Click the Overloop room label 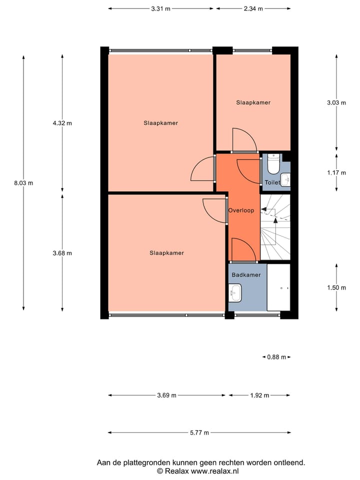click(x=241, y=210)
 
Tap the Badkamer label click(x=245, y=275)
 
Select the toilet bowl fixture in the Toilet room click(x=273, y=163)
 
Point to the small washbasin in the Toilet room click(x=285, y=178)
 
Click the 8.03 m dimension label click(x=23, y=183)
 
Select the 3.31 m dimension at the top click(x=160, y=8)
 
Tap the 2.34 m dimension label click(x=253, y=8)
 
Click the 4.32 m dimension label click(x=62, y=123)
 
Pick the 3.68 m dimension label click(x=62, y=253)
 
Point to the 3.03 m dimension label click(x=336, y=102)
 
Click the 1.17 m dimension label click(x=336, y=172)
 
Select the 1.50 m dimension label click(x=336, y=287)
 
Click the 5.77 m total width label click(x=199, y=433)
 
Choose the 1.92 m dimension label click(x=259, y=395)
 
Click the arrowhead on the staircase click(x=275, y=220)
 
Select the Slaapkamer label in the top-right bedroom click(x=253, y=102)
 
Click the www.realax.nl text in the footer click(x=214, y=471)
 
